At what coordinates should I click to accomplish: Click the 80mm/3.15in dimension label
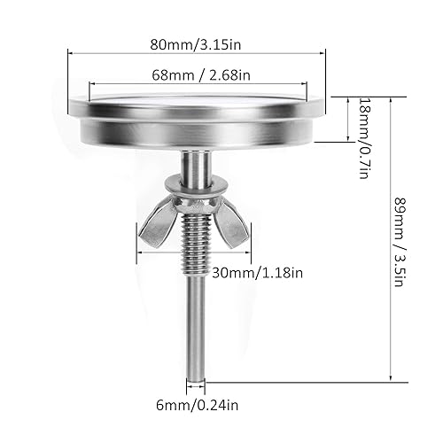tap(197, 41)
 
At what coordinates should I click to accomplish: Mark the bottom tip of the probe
tap(197, 375)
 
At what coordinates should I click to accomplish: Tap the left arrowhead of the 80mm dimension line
tap(71, 51)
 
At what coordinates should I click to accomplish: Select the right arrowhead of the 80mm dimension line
tap(323, 51)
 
